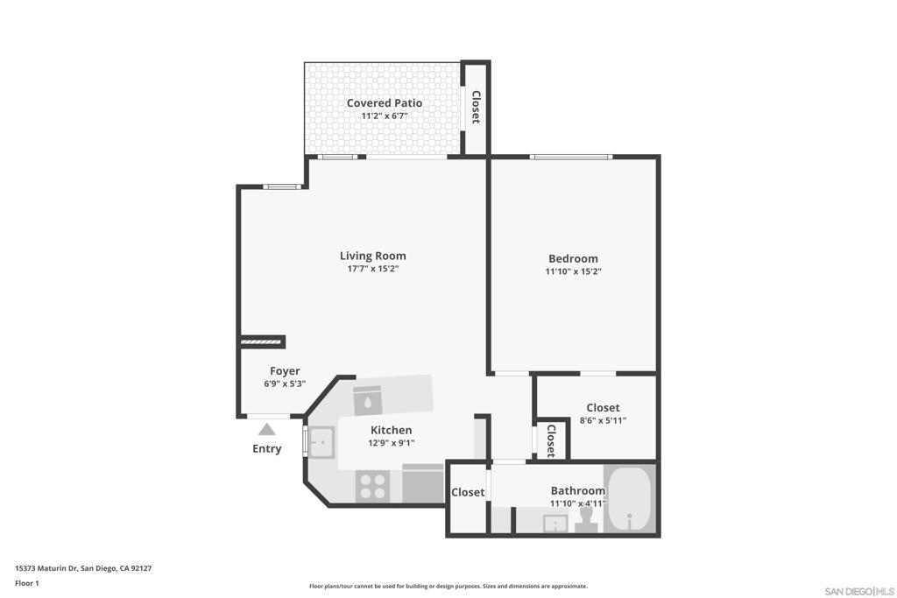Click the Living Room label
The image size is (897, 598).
click(372, 256)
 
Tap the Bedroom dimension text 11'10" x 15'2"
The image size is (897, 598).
click(573, 271)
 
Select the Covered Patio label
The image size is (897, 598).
click(384, 103)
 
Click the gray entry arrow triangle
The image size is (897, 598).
click(267, 429)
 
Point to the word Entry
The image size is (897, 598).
click(267, 449)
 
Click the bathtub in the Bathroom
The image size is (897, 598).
click(629, 498)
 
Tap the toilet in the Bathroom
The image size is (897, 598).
click(586, 522)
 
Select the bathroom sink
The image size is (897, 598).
click(554, 524)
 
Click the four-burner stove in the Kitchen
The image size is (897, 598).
click(372, 486)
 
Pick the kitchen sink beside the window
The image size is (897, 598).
click(321, 442)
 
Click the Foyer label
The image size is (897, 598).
click(285, 371)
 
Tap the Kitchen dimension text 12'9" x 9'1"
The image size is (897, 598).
click(391, 443)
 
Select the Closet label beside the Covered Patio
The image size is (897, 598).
click(476, 108)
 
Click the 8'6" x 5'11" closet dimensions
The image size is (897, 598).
click(602, 420)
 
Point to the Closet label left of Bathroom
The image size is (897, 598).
click(468, 493)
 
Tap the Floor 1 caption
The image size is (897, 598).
click(26, 583)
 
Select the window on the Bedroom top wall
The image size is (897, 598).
click(570, 157)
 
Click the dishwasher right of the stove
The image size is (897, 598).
click(423, 484)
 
